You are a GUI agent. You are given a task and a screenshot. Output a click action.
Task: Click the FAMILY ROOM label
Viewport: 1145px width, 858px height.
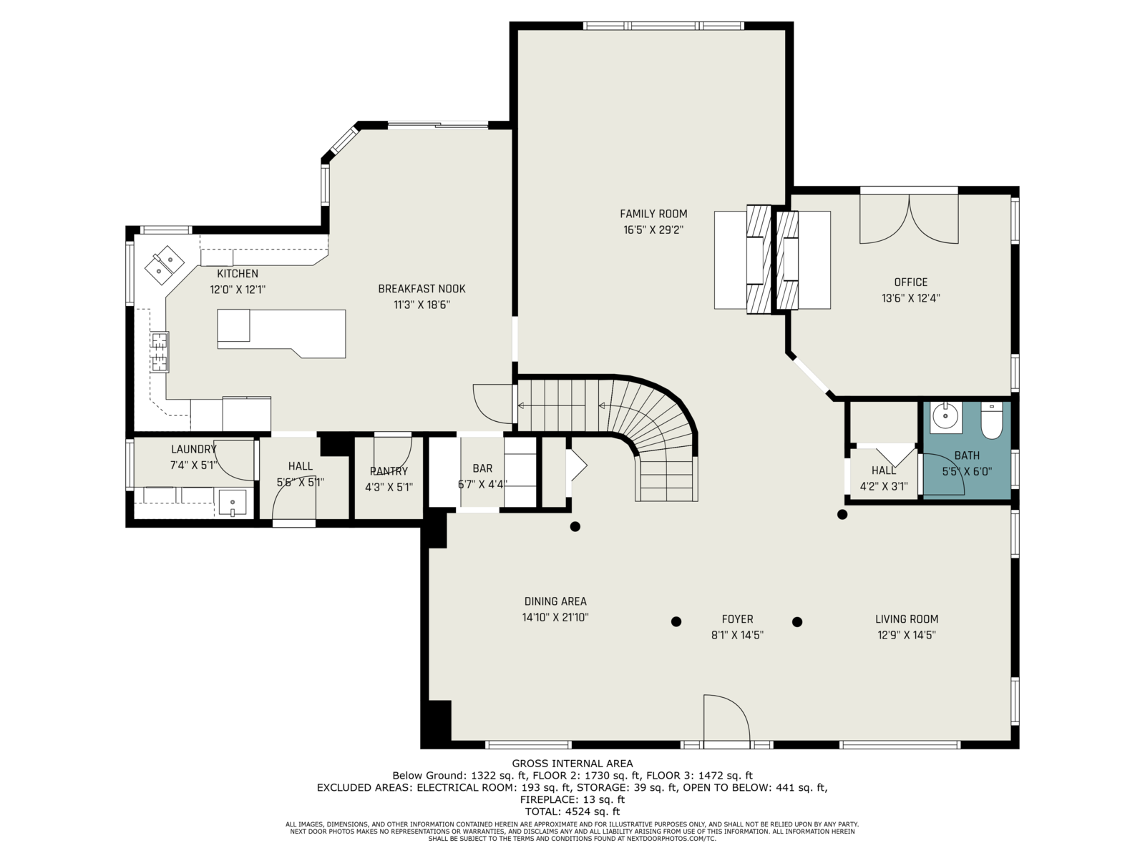click(653, 214)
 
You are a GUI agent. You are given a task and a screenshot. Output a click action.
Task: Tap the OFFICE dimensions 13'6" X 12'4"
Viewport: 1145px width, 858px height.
click(911, 298)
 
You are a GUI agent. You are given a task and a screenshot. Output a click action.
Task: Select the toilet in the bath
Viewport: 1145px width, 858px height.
click(991, 420)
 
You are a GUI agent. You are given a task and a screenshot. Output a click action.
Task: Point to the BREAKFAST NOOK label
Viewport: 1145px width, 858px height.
click(422, 289)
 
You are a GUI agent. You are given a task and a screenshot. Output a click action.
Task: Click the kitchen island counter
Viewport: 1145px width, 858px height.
click(281, 333)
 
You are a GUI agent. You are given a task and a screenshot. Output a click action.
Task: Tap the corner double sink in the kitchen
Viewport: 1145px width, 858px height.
click(164, 265)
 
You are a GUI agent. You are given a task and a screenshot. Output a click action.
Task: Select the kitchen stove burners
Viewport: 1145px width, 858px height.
click(160, 352)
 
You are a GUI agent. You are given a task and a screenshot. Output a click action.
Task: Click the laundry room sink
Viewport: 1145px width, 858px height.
click(232, 503)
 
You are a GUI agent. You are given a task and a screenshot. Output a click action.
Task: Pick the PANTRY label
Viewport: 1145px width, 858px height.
click(389, 471)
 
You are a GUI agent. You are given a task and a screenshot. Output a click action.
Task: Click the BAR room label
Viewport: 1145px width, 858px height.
click(482, 468)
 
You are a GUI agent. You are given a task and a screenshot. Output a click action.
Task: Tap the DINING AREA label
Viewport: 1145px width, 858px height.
click(555, 601)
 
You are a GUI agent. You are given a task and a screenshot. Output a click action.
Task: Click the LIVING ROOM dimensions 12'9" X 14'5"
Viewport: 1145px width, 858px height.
click(907, 635)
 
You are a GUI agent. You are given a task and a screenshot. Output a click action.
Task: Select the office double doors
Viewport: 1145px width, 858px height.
click(909, 219)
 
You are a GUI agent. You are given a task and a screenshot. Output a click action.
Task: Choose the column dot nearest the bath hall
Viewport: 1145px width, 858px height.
click(842, 515)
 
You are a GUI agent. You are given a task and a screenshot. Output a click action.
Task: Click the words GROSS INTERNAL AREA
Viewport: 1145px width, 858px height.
click(572, 764)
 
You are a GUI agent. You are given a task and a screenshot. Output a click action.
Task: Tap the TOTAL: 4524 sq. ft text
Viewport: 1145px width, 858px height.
click(572, 811)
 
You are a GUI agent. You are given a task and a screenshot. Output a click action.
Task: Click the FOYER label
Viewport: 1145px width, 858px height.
click(737, 619)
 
